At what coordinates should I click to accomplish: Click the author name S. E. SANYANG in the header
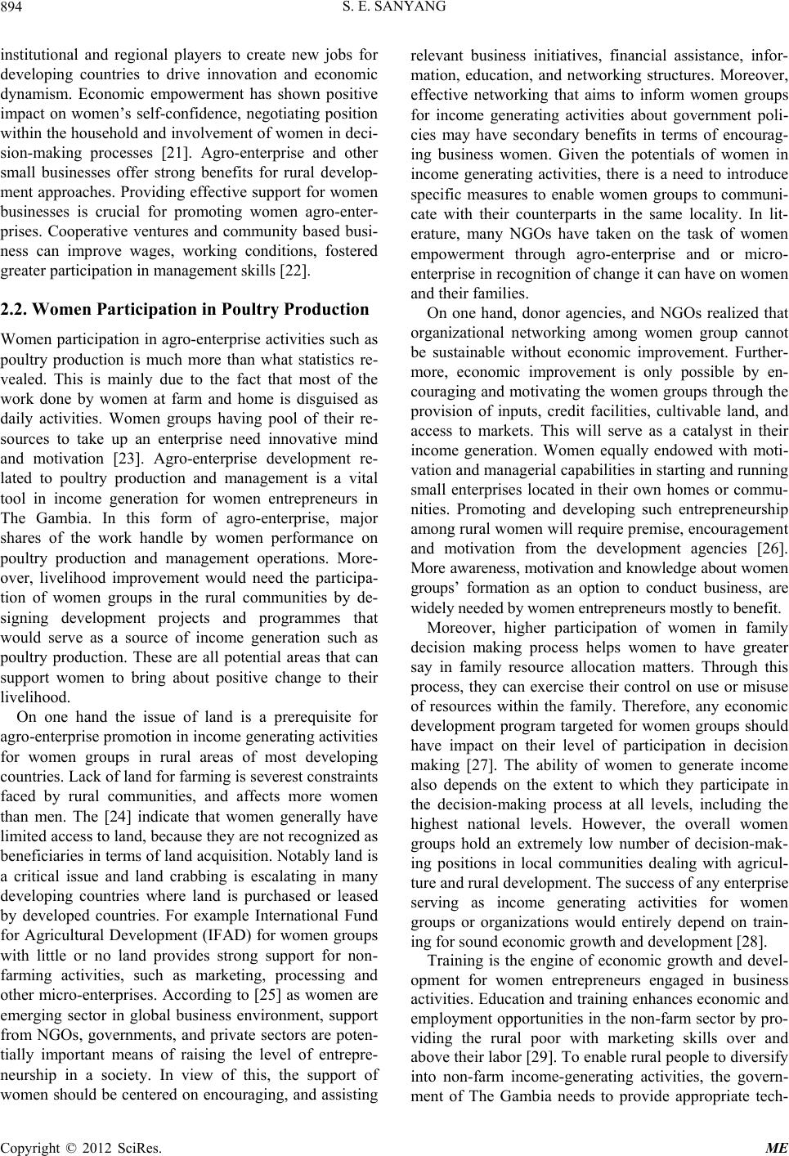pyautogui.click(x=394, y=10)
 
